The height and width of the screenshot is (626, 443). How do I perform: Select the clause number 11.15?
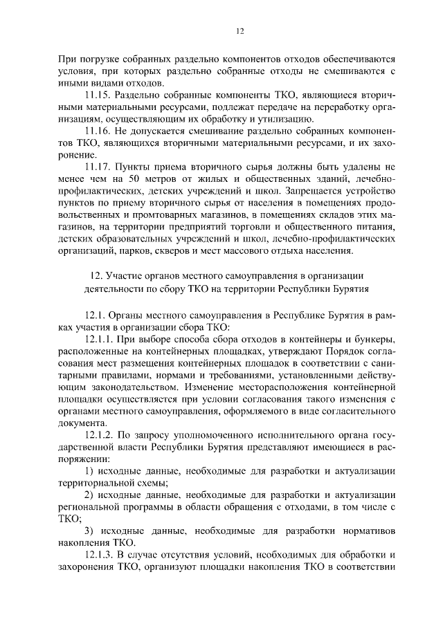tap(98, 94)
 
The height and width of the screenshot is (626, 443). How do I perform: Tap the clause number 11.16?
tap(98, 130)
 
